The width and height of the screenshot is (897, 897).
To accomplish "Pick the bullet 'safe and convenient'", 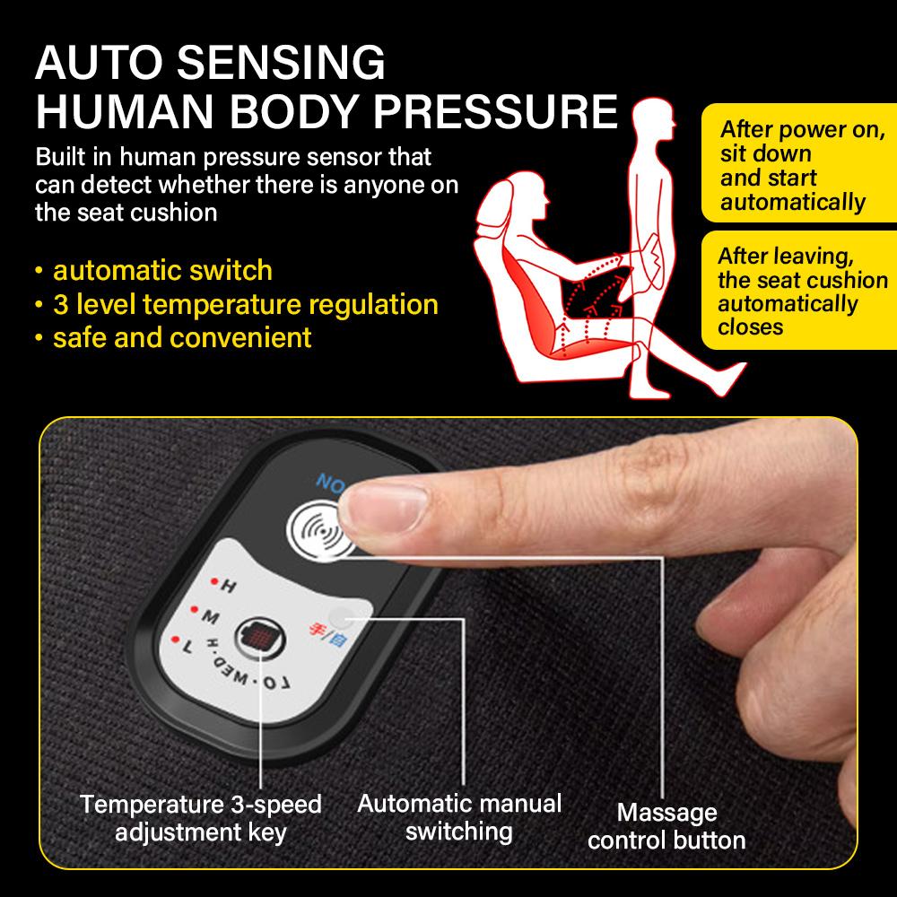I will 182,337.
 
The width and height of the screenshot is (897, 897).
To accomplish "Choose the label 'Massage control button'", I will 666,826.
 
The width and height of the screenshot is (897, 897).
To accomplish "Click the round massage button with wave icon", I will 321,533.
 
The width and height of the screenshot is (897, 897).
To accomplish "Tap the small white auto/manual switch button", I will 341,618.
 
